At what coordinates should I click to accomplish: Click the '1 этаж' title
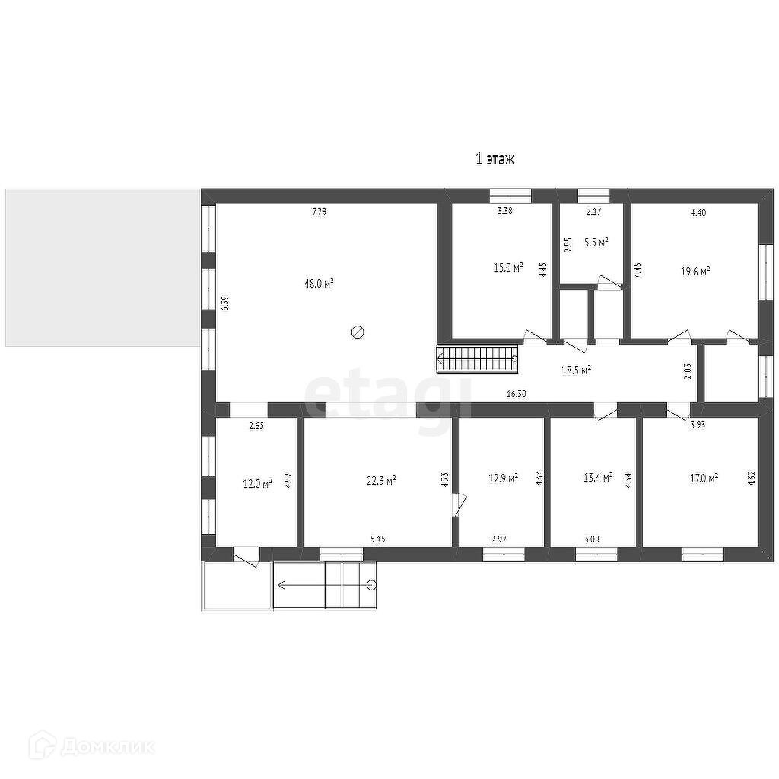pos(494,159)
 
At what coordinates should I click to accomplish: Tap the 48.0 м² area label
pos(319,283)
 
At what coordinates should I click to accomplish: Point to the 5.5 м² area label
pos(596,243)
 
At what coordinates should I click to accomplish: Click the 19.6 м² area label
pos(695,271)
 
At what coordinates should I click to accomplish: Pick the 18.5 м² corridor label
pos(576,370)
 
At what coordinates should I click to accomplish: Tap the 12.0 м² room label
pos(257,483)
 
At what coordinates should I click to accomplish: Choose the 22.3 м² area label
pos(380,480)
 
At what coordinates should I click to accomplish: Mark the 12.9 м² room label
pos(504,478)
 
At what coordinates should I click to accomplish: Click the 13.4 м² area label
pos(598,478)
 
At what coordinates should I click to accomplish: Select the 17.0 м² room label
pos(704,479)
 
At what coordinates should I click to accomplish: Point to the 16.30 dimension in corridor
pos(517,394)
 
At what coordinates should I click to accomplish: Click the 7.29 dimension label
pos(320,212)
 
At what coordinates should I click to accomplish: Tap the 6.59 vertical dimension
pos(226,304)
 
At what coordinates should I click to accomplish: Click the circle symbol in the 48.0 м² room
pos(358,332)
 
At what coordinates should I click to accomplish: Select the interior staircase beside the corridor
pos(478,359)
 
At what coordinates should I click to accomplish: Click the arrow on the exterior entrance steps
pos(326,585)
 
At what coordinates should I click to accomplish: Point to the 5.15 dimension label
pos(377,539)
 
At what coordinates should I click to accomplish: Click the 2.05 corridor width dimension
pos(688,371)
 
